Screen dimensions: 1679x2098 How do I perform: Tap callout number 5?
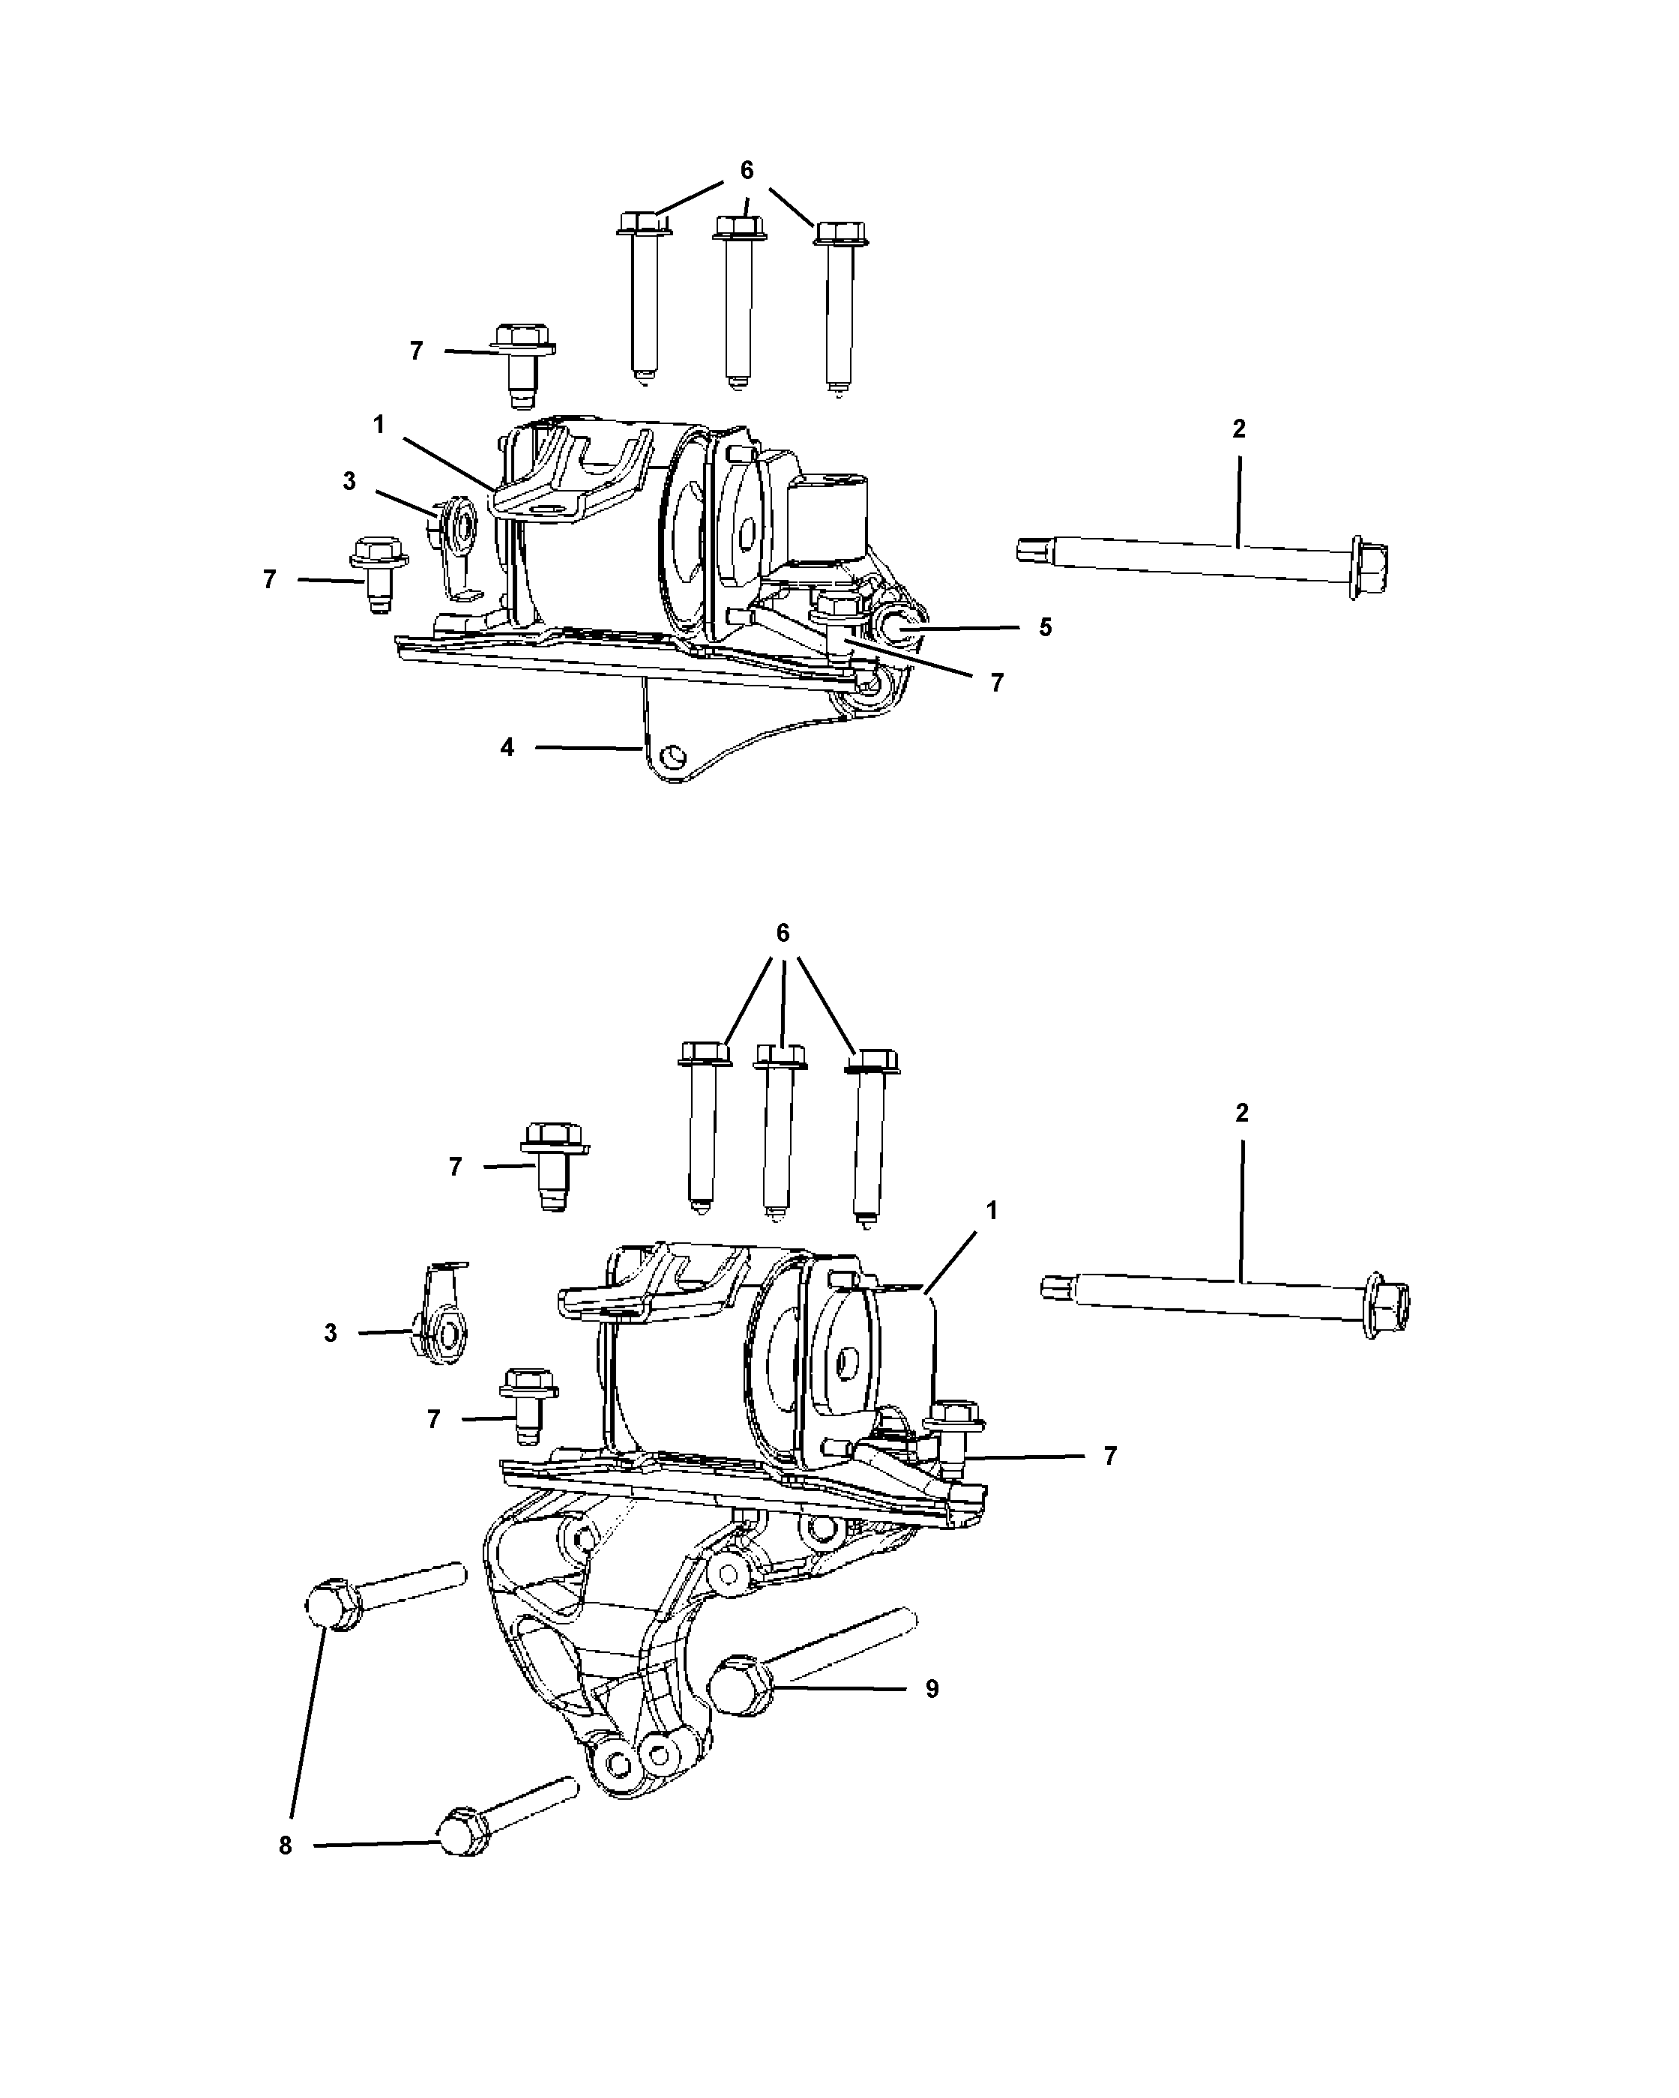click(1044, 628)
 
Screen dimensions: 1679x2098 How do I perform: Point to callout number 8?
click(285, 1846)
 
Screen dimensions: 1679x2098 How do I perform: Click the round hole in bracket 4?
click(671, 756)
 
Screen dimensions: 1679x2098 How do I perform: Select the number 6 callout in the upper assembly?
click(747, 170)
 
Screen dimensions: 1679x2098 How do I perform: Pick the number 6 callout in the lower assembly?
click(783, 933)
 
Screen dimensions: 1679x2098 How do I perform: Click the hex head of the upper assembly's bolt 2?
click(1367, 566)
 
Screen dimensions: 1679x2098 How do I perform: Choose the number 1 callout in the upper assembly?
click(379, 424)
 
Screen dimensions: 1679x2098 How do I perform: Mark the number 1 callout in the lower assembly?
click(992, 1211)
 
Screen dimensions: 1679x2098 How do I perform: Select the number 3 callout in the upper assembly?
click(349, 481)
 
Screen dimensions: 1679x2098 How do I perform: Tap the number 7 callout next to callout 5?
click(997, 683)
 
